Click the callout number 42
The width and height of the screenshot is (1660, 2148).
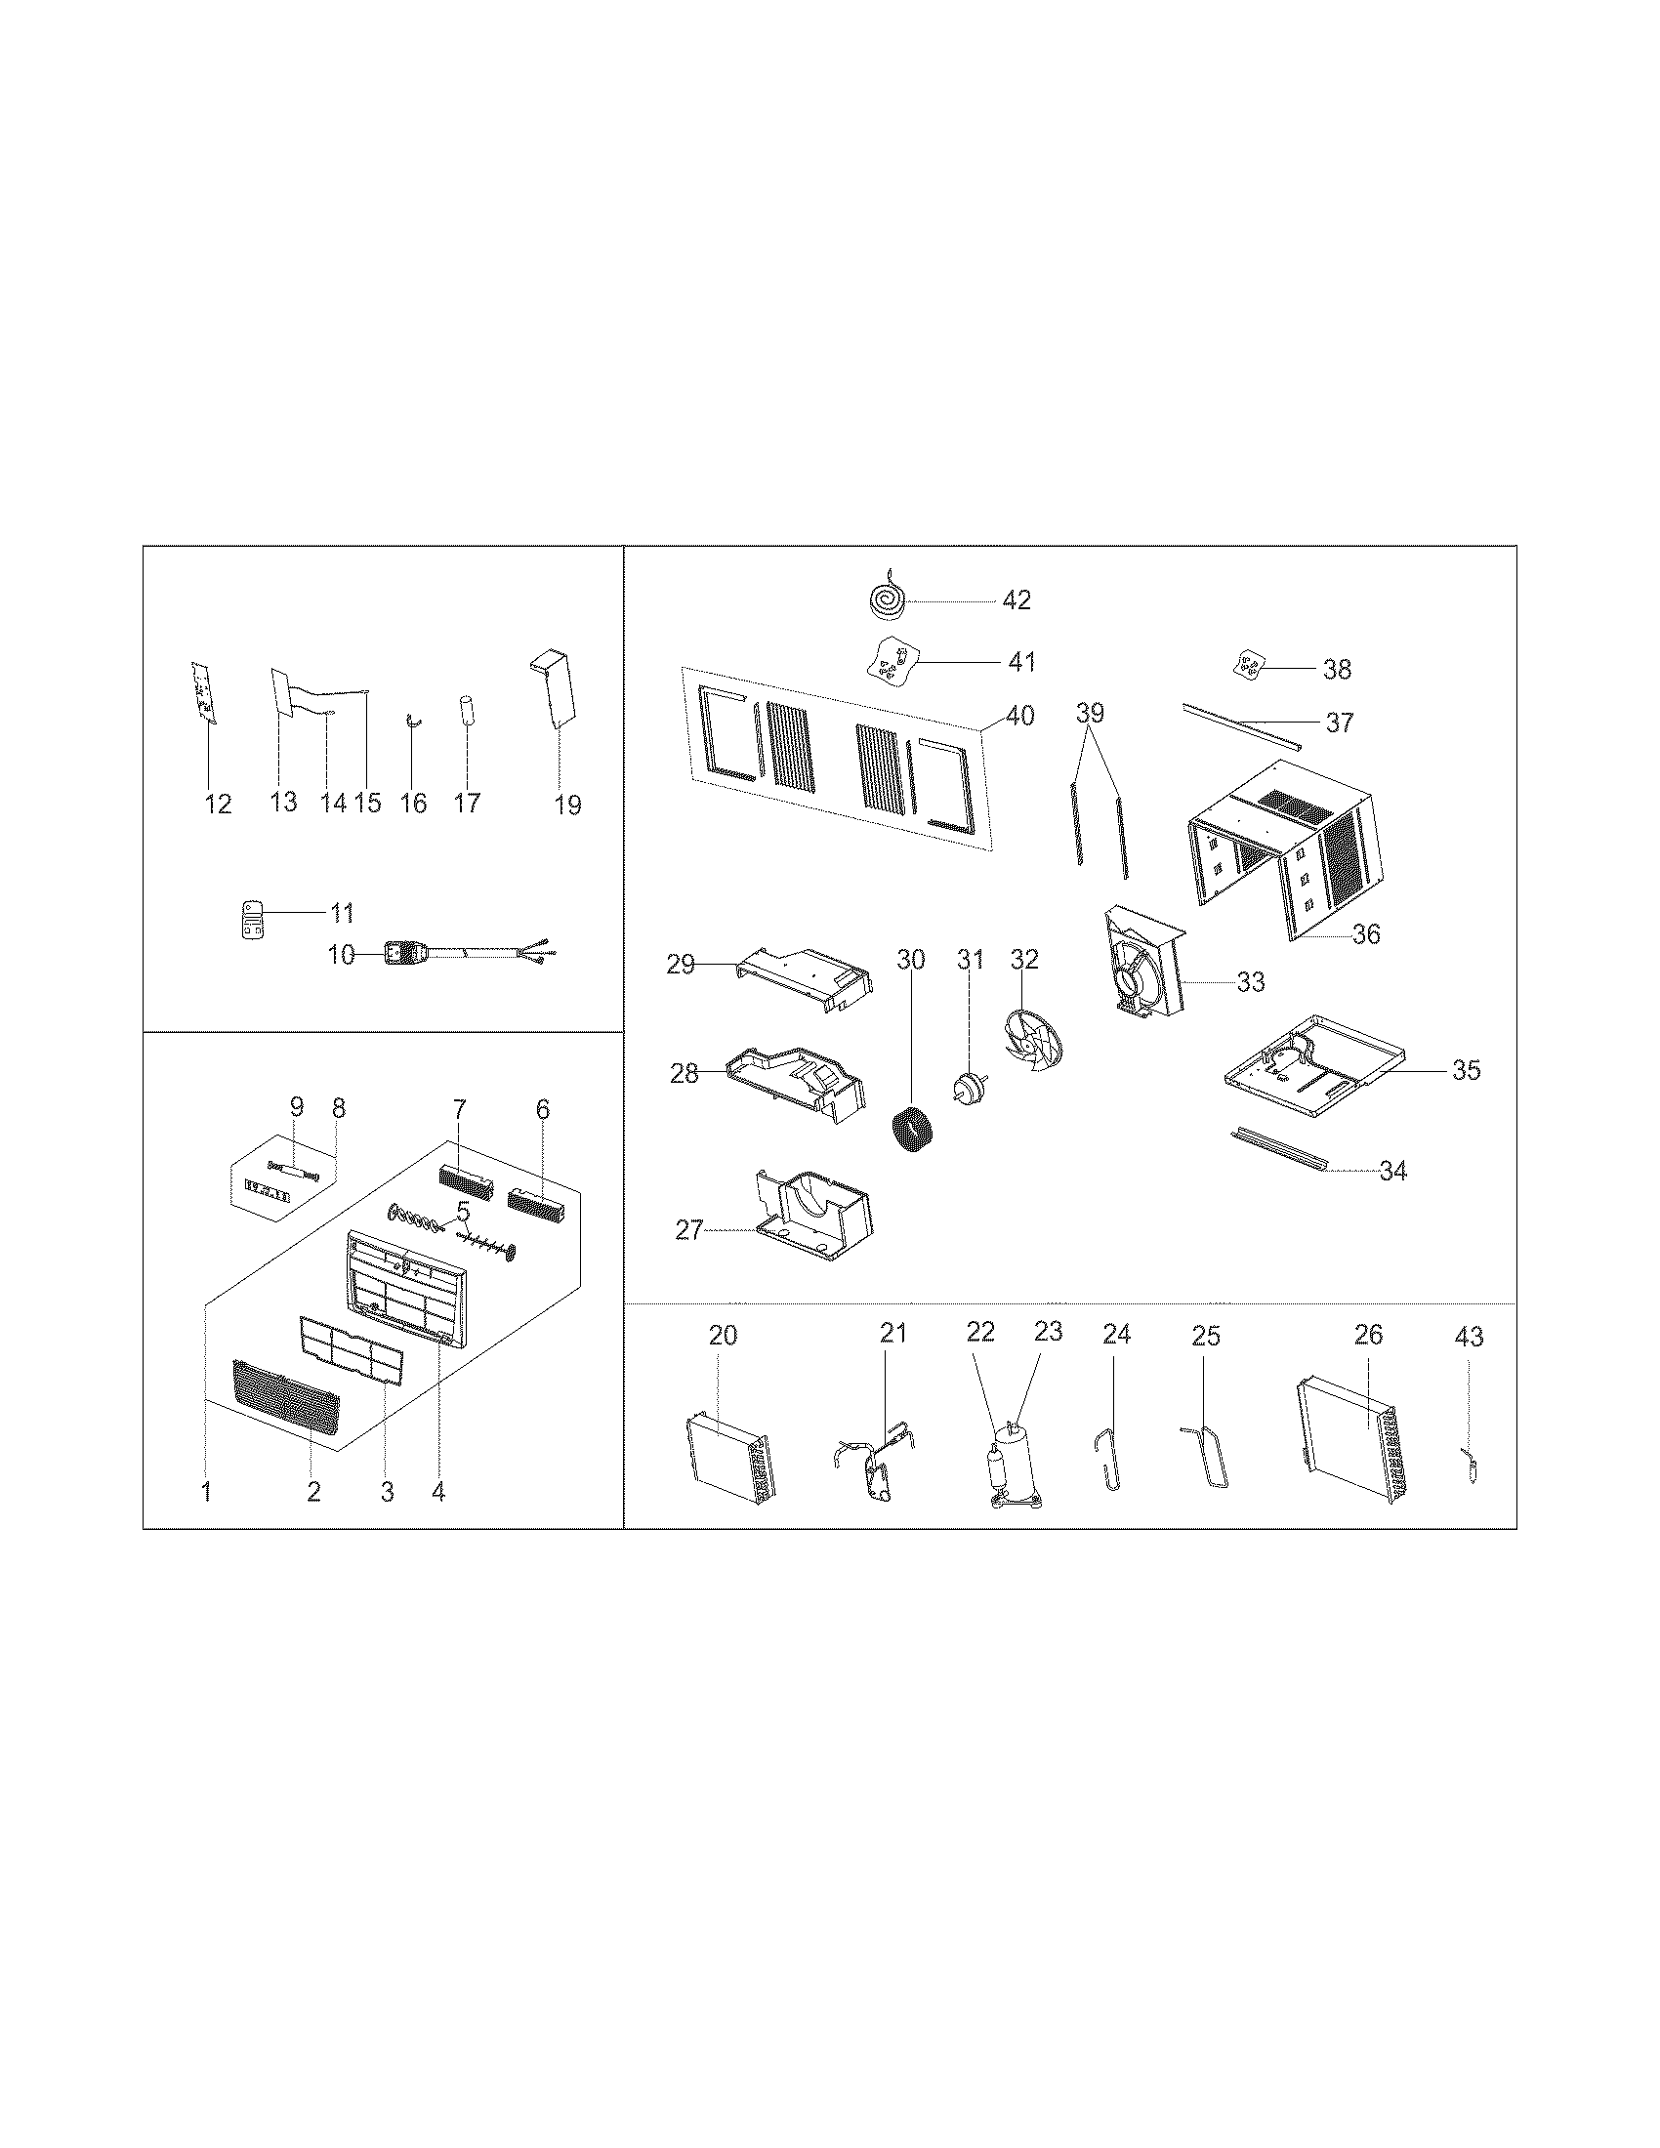pos(1016,599)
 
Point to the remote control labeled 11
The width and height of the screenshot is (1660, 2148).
pos(253,920)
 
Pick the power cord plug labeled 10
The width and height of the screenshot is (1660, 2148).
pos(404,953)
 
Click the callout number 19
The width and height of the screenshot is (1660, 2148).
pos(567,805)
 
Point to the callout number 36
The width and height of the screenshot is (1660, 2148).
pos(1366,933)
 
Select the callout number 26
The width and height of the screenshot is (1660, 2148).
pos(1368,1335)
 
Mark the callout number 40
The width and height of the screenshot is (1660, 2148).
pos(1019,716)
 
